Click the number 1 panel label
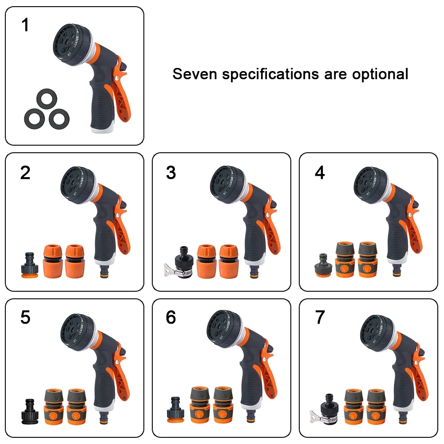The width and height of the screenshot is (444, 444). tap(25, 25)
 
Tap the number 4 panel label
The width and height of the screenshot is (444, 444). tap(320, 173)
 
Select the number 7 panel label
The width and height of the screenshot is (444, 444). tap(320, 318)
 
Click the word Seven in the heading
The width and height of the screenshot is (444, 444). tap(195, 74)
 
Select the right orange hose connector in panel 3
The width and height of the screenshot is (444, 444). tap(229, 260)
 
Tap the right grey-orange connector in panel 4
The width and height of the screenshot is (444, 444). tap(368, 259)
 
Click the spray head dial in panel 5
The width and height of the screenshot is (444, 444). tap(75, 331)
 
